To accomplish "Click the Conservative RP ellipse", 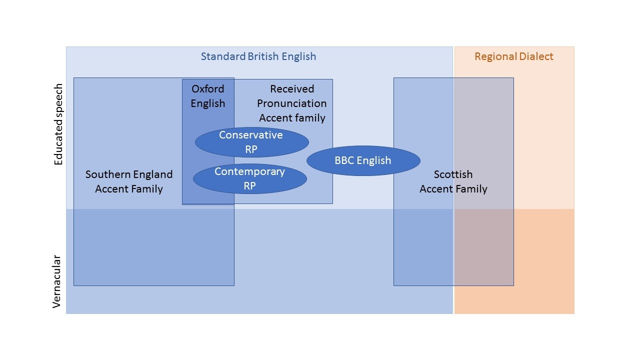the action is [x=251, y=142].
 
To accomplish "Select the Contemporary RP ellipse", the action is [x=249, y=178].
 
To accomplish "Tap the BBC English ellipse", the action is [x=363, y=160].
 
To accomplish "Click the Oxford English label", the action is [x=207, y=96].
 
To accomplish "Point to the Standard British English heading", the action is [x=258, y=56].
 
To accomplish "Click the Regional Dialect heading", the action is [x=514, y=56].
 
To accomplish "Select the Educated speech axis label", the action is [x=58, y=124].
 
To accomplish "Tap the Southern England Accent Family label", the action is [x=129, y=181].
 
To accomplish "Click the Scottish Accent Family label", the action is [x=453, y=181].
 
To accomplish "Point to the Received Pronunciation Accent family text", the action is [x=292, y=103].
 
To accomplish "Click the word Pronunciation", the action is [x=292, y=103].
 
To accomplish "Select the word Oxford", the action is [x=207, y=89].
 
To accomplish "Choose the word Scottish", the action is [x=453, y=174].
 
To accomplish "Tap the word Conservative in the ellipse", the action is [x=251, y=135].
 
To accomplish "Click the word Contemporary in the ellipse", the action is [x=249, y=171].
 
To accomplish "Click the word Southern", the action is [x=107, y=174].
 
